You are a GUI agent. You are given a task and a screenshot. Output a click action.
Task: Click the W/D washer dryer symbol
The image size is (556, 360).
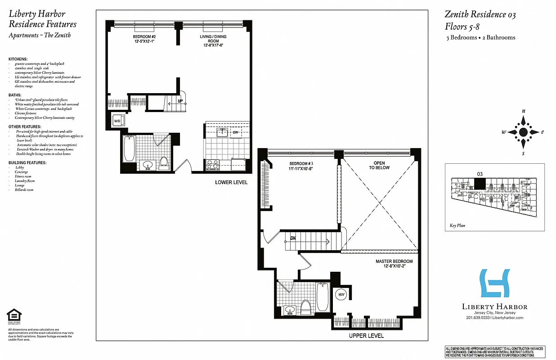tap(117, 121)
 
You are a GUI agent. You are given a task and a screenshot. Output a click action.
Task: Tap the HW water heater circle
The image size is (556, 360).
tap(341, 294)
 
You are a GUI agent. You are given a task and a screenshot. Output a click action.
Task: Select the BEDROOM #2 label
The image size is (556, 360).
tap(144, 39)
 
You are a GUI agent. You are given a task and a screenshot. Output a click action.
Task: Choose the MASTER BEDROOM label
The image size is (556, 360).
tap(394, 264)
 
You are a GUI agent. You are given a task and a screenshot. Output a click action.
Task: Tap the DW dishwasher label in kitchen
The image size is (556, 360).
tap(235, 132)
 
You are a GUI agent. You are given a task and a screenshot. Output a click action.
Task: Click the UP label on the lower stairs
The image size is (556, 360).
tap(180, 101)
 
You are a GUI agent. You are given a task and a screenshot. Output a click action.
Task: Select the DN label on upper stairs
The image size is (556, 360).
tap(293, 238)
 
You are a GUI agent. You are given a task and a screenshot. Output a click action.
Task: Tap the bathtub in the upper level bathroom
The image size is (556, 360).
tap(323, 297)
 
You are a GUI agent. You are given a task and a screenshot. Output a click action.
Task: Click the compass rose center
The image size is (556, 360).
tap(523, 132)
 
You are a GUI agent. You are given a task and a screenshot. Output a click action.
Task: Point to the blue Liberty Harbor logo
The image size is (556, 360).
tap(495, 283)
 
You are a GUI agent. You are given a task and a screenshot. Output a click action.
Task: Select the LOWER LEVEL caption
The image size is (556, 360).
tap(231, 182)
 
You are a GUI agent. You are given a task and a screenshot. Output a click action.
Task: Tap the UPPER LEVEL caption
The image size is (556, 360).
tap(366, 336)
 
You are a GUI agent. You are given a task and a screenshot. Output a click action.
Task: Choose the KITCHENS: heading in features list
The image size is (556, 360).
tap(18, 59)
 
